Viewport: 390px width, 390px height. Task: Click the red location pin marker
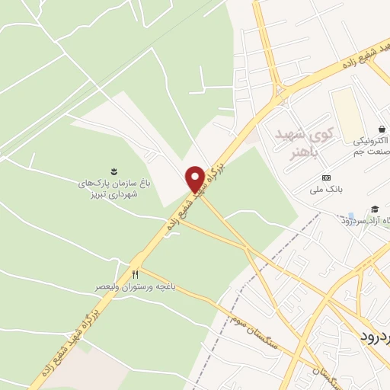(x=194, y=178)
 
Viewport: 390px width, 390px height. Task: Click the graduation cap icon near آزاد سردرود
(x=374, y=209)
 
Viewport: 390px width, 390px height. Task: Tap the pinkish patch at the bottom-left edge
(x=46, y=373)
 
